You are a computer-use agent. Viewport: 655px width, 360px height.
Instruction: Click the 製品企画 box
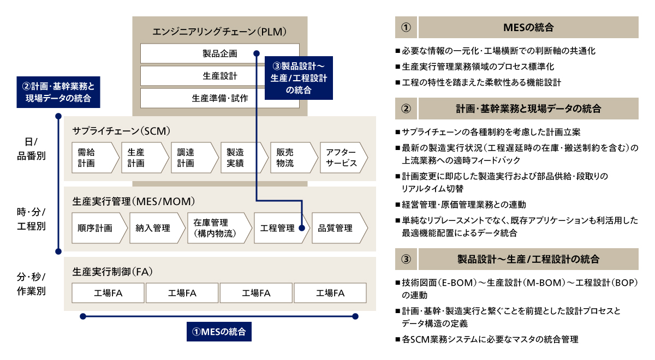click(x=220, y=53)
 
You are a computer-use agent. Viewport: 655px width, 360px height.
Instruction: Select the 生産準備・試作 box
click(x=220, y=98)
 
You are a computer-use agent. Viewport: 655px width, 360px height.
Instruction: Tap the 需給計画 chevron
click(x=96, y=158)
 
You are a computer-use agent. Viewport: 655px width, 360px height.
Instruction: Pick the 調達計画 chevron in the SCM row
click(x=195, y=158)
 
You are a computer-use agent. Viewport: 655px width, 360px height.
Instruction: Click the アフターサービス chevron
click(x=344, y=158)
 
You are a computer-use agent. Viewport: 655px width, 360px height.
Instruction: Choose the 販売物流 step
click(x=294, y=158)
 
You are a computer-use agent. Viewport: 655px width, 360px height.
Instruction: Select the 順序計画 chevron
click(x=99, y=228)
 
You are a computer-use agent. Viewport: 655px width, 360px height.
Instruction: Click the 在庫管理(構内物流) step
click(x=219, y=228)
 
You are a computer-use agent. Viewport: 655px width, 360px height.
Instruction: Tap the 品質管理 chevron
click(x=340, y=228)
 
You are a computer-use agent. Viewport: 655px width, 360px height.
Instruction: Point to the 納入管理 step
click(x=157, y=228)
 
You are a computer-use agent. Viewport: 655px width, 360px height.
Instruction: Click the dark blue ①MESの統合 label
click(x=219, y=332)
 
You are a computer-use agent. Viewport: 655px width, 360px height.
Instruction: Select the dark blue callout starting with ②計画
click(x=58, y=92)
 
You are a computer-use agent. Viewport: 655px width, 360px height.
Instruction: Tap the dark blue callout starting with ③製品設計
click(x=299, y=78)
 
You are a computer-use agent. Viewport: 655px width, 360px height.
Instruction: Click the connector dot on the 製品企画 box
click(x=257, y=53)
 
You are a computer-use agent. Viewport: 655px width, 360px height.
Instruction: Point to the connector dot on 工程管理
click(x=302, y=228)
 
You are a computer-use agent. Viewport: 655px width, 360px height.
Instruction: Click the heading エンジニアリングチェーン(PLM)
click(x=219, y=32)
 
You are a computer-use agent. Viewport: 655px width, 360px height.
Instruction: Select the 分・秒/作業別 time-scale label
click(x=31, y=284)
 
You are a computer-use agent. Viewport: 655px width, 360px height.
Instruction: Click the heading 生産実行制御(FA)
click(x=112, y=272)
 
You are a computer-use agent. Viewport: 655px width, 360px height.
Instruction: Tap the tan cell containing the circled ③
click(x=406, y=259)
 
